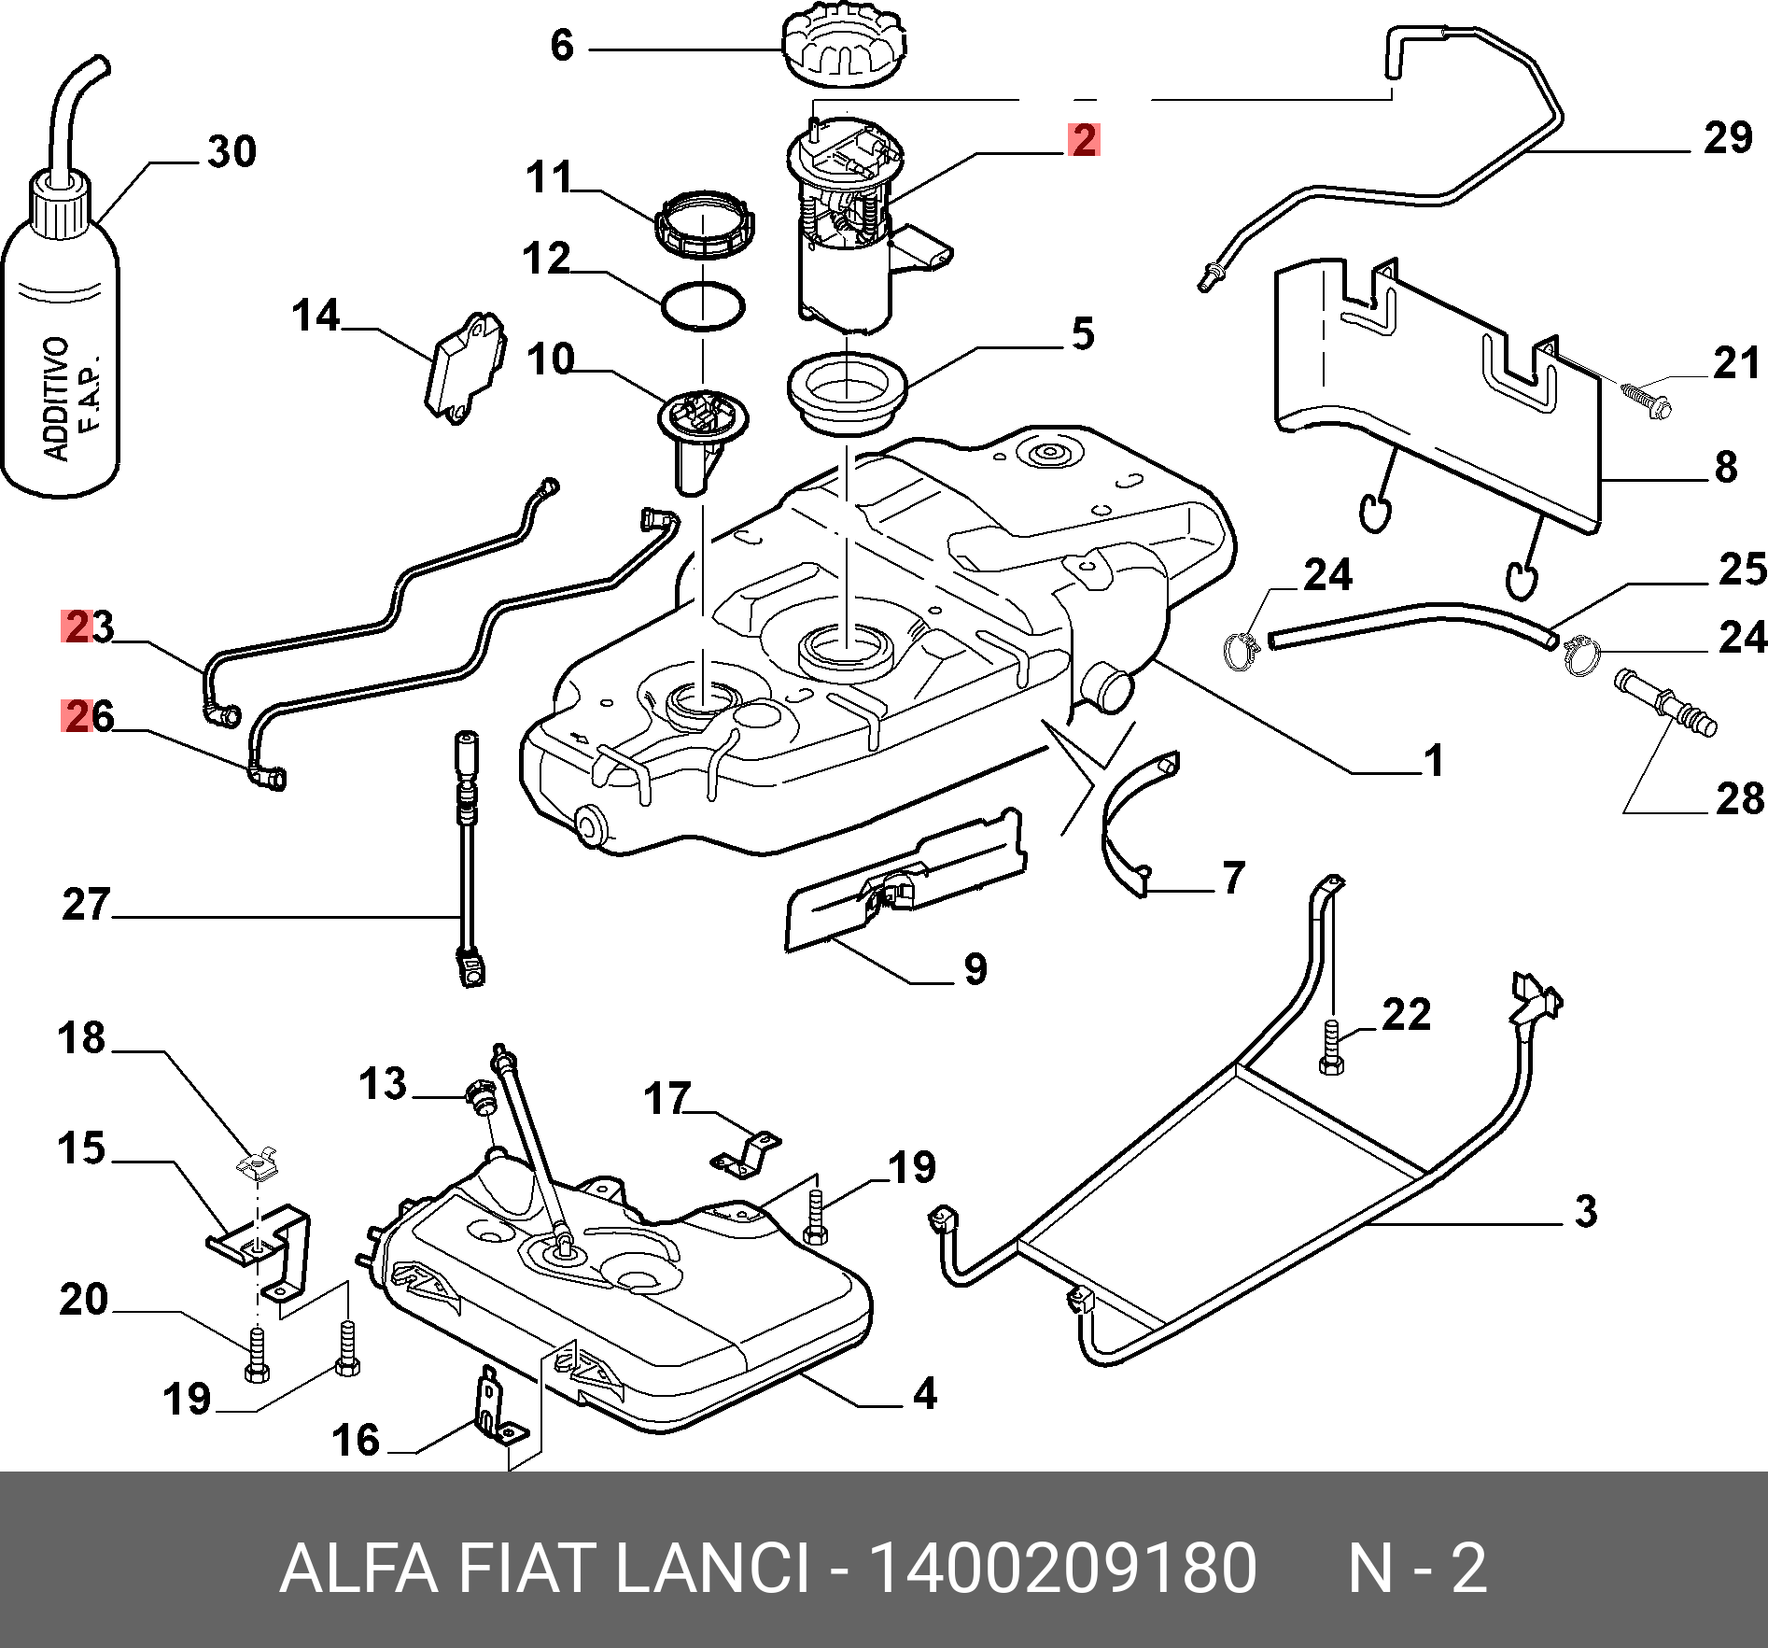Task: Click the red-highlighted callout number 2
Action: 1084,139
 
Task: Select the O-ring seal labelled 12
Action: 703,305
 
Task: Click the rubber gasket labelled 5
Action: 847,392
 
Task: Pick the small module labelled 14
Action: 466,367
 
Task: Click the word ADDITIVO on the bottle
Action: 57,399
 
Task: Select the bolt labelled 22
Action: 1332,1047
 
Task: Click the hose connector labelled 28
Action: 1665,702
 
